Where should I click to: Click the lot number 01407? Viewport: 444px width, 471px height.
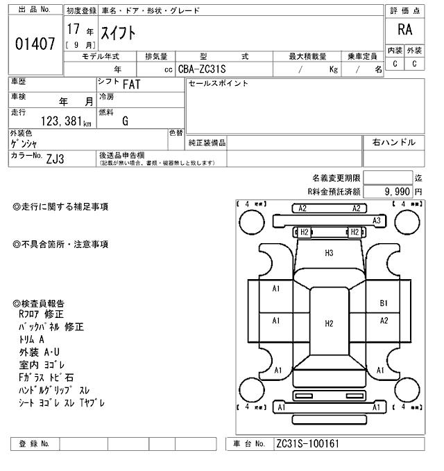[x=35, y=45]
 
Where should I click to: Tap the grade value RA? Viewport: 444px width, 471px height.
[x=404, y=30]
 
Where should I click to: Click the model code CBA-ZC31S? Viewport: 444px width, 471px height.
[x=206, y=69]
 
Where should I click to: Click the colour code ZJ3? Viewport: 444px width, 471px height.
[x=55, y=158]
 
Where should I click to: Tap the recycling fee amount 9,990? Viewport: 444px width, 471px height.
[x=394, y=190]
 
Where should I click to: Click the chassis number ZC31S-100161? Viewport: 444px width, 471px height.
[x=307, y=443]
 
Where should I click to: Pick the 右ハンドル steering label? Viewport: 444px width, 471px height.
[x=394, y=142]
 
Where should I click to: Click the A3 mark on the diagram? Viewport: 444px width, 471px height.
[x=377, y=220]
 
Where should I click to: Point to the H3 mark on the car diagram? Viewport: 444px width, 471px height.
[x=329, y=253]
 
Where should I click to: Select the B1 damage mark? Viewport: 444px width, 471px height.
[x=384, y=303]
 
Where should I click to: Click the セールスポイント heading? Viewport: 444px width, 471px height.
[x=218, y=83]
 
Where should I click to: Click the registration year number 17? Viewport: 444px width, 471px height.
[x=73, y=30]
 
